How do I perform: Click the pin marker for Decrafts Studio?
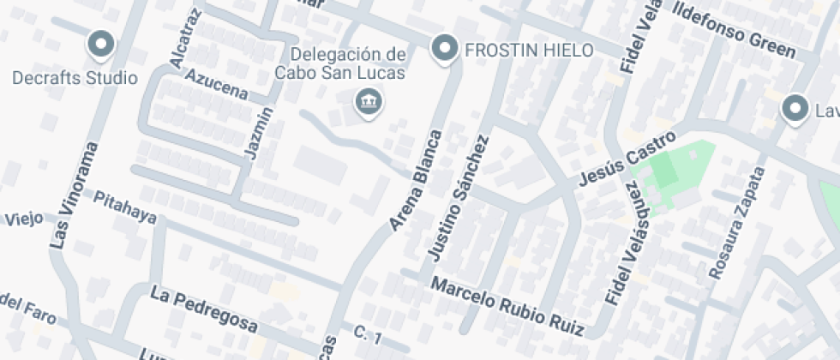tap(101, 45)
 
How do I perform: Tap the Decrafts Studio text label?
tap(75, 78)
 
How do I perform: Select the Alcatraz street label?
tap(186, 38)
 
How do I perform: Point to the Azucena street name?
tap(216, 84)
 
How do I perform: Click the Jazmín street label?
tap(261, 132)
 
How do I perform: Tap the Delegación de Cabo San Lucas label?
tap(339, 63)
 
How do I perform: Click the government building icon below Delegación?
tap(369, 104)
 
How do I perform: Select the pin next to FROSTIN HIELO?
tap(444, 49)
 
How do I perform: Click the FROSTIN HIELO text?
tap(529, 51)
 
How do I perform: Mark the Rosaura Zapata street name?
tap(736, 222)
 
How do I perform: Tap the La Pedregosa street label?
tap(204, 310)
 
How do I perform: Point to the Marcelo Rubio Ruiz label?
tap(507, 306)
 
